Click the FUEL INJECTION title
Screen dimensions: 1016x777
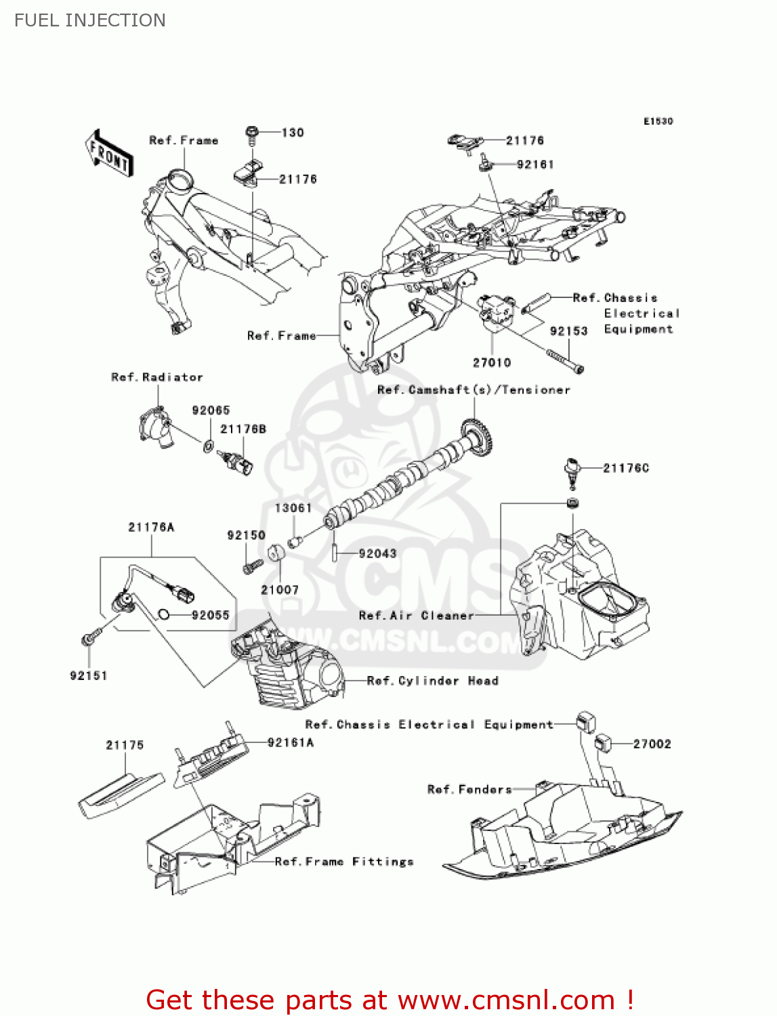89,20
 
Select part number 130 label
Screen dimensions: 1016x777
293,133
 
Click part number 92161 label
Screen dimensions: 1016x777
535,165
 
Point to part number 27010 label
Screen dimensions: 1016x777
492,362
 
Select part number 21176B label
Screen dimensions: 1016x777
243,429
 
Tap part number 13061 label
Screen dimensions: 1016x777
293,508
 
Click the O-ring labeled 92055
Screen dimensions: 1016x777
163,615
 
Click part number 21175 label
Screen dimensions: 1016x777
125,745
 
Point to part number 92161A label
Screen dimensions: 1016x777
291,743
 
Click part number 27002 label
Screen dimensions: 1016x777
652,744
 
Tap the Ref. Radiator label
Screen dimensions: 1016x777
157,377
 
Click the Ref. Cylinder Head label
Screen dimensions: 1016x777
432,681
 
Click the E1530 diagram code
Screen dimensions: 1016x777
658,121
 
